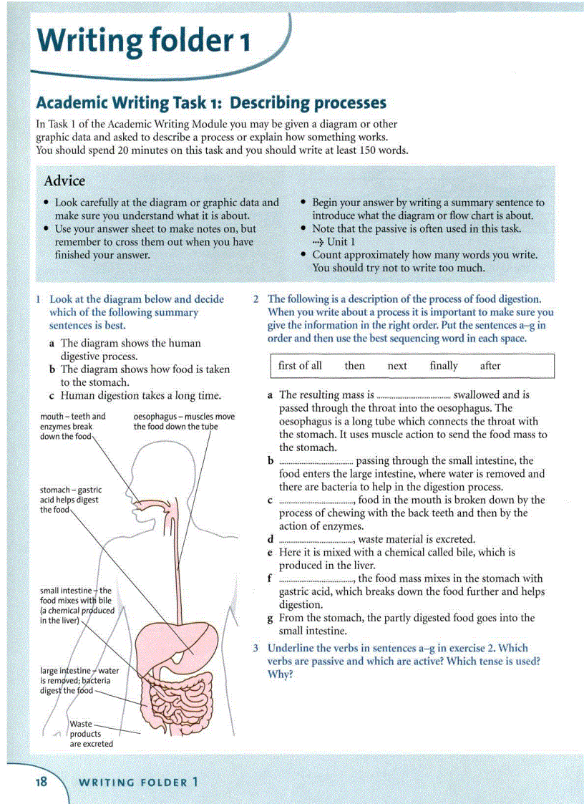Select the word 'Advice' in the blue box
tap(64, 181)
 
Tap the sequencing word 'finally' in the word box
tap(443, 366)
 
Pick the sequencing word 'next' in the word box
tap(397, 366)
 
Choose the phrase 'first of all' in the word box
tap(300, 366)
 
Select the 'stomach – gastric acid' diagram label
tap(70, 500)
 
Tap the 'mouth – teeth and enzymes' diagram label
tap(72, 426)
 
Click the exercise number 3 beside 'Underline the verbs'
tap(255, 648)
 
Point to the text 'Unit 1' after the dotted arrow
tap(341, 242)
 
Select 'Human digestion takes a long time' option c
tap(140, 395)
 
